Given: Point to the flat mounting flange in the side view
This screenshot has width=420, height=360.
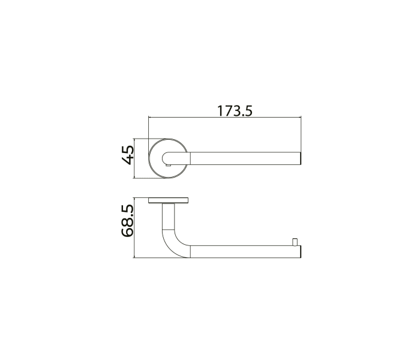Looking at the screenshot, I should [169, 200].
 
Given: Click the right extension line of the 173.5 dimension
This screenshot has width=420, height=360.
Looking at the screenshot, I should [301, 135].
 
